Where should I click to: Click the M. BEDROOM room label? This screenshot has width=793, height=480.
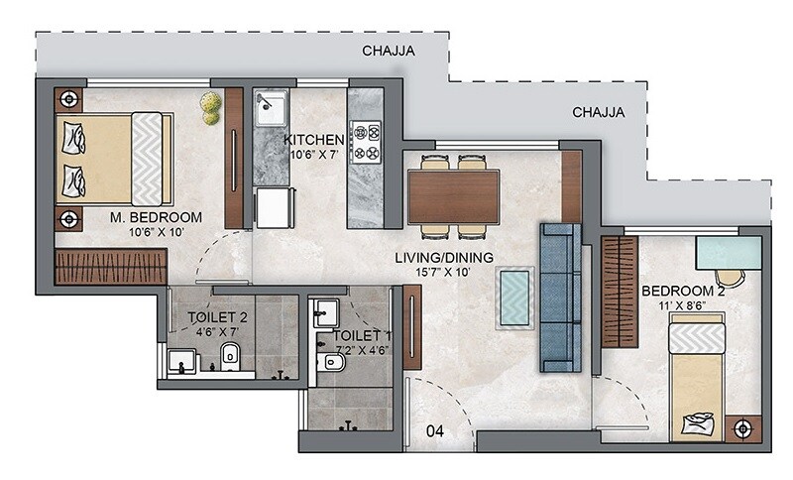pos(158,217)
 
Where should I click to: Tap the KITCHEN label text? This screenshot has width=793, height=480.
pos(314,139)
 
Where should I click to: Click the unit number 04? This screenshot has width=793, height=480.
pos(434,430)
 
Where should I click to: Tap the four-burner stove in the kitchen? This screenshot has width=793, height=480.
pos(366,141)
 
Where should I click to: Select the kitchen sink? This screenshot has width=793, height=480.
pos(269,109)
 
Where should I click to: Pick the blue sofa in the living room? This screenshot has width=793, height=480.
pos(560,298)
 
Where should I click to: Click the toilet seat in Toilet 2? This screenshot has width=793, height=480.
pos(230,355)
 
